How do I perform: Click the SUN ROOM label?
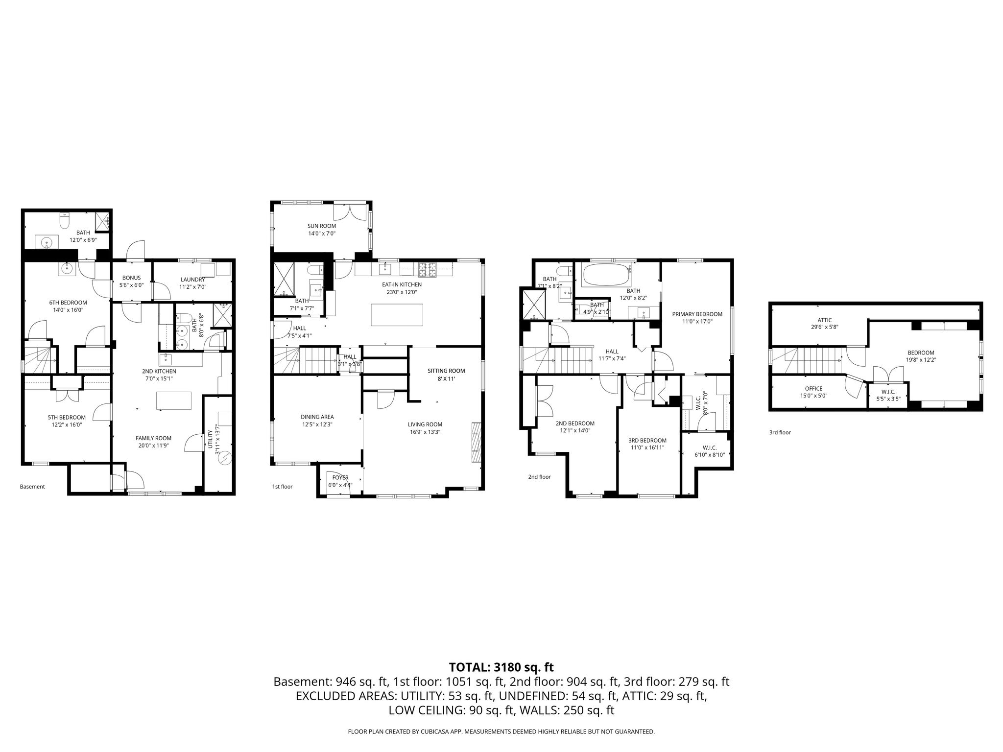321,226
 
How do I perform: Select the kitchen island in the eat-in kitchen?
397,314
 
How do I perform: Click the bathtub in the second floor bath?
606,275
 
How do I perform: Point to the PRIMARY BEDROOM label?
697,314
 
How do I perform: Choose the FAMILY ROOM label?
154,438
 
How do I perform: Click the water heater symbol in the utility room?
225,458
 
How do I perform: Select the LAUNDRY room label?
192,280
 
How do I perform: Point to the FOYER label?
340,477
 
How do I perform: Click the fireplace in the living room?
476,442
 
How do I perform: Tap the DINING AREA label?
317,417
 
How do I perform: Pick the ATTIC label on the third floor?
825,320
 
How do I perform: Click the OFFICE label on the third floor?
813,389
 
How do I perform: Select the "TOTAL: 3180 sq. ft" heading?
501,667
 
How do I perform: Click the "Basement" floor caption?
32,487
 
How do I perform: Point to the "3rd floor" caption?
780,432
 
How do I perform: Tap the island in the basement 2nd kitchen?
174,400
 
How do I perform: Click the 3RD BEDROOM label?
647,440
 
